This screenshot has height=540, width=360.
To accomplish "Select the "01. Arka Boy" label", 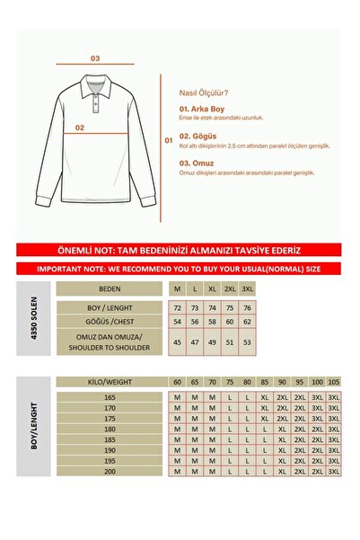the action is click(203, 109).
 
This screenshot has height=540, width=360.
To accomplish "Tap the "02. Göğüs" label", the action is click(199, 136).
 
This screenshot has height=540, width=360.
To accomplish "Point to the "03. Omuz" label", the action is click(198, 164).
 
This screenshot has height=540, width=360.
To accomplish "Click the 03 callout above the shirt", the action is click(95, 58).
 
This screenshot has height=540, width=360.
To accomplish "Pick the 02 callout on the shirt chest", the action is click(80, 128).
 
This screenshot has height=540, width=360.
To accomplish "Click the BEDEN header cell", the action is click(110, 289).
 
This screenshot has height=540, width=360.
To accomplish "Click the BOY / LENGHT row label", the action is click(110, 308).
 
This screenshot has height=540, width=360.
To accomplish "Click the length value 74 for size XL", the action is click(212, 308).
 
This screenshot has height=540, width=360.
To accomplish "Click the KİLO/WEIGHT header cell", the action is click(110, 382).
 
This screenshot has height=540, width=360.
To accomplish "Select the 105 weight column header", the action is click(334, 382).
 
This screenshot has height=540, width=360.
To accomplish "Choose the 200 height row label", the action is click(110, 471).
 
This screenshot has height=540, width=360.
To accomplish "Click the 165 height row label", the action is click(110, 395).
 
